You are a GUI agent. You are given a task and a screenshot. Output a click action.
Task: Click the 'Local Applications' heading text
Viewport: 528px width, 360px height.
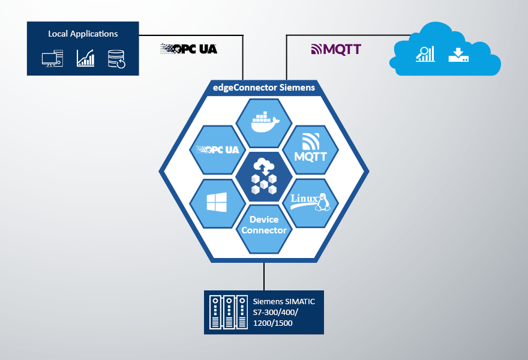[83, 34]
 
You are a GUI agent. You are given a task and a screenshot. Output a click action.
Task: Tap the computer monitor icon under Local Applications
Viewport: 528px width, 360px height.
[52, 59]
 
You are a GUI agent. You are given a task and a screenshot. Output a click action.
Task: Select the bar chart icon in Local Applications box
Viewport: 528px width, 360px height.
[85, 58]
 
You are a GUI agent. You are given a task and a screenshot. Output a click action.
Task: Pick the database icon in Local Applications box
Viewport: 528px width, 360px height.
[116, 59]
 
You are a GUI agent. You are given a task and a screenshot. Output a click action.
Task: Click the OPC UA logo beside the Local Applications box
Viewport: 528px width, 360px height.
[188, 49]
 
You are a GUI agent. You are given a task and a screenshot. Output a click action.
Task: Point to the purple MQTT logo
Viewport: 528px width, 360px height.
[335, 49]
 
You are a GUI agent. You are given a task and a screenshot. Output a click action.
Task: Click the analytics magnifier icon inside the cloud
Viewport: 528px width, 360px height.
[425, 54]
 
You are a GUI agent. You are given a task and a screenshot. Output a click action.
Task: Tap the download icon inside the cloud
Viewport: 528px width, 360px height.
[458, 55]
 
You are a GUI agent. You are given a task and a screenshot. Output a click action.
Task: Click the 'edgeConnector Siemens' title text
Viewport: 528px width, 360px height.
[264, 88]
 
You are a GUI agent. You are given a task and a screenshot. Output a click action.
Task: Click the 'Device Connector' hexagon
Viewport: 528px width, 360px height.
[264, 228]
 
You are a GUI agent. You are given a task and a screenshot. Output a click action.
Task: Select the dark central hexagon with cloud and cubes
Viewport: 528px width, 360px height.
[264, 176]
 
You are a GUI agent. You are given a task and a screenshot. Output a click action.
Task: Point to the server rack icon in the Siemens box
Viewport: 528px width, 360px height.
[227, 312]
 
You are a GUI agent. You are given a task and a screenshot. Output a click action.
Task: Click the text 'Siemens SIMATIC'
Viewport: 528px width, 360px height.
[284, 301]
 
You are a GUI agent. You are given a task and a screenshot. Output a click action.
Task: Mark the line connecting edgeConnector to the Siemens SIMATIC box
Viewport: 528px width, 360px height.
[264, 276]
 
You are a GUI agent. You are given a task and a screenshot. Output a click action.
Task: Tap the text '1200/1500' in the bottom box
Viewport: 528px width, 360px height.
[273, 323]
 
